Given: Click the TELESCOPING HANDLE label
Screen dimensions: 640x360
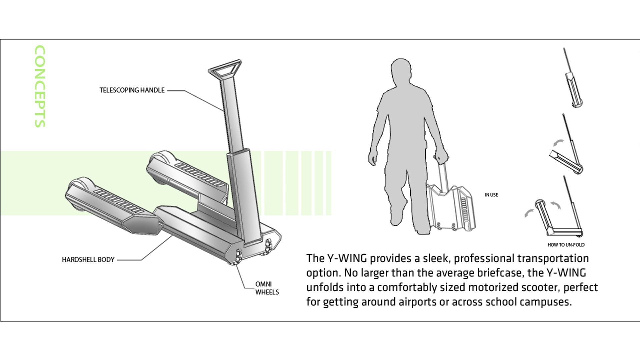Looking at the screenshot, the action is click(x=132, y=90).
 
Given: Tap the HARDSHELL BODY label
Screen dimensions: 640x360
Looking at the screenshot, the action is click(x=88, y=260).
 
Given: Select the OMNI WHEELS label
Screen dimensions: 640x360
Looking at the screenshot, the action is click(x=267, y=288).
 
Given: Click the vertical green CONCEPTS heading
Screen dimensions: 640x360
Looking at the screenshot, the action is click(x=40, y=86).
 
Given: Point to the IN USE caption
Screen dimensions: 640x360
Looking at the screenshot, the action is click(x=491, y=195).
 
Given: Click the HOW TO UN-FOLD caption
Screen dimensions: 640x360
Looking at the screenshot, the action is click(x=566, y=245).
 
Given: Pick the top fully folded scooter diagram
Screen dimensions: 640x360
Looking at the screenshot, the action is click(x=573, y=79).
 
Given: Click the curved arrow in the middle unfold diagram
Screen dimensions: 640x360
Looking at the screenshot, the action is click(x=559, y=143).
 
